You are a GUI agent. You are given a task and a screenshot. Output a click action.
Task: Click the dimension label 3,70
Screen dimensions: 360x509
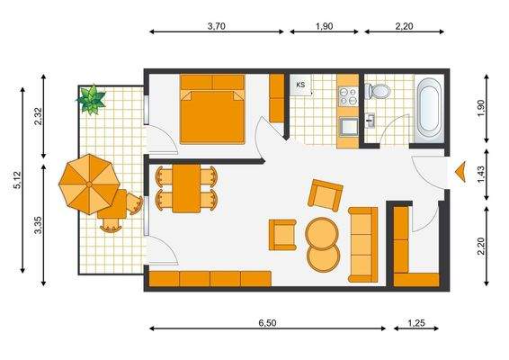(x=216, y=26)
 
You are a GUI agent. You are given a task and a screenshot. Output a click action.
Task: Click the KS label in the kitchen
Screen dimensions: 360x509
(x=300, y=85)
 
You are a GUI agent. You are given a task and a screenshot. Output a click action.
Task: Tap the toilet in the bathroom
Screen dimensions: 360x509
(x=379, y=91)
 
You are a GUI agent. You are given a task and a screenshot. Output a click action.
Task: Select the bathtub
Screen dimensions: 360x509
(x=427, y=110)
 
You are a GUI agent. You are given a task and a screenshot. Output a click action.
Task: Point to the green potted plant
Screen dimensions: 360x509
(x=91, y=98)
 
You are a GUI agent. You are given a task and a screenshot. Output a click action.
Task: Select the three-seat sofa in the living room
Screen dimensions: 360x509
(x=363, y=241)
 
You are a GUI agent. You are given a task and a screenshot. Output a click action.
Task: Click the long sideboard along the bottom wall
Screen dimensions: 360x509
(x=210, y=279)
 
